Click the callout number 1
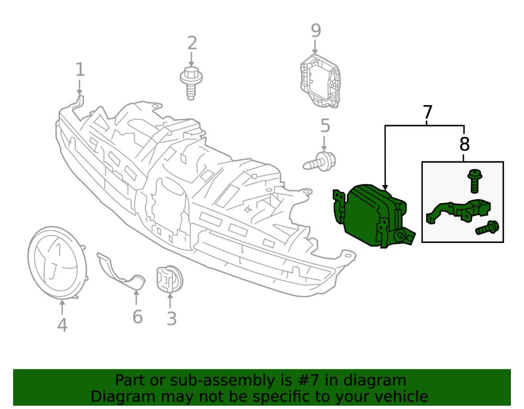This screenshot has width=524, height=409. (80, 70)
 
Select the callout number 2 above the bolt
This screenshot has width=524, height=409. (192, 43)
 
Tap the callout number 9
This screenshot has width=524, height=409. (316, 30)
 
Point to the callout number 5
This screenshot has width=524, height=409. (325, 126)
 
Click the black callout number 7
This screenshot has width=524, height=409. (428, 112)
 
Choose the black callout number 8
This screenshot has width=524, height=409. (464, 144)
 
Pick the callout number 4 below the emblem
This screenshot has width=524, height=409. (62, 325)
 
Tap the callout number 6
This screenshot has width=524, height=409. (138, 316)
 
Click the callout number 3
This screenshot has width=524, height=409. (171, 318)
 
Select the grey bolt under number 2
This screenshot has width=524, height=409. (191, 83)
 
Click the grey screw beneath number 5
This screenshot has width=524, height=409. (320, 162)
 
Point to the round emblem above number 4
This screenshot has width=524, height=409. (58, 262)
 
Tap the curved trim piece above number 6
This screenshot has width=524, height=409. (121, 271)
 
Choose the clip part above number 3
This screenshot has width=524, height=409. (170, 279)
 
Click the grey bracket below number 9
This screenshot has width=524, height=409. (320, 81)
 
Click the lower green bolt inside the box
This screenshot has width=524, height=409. (487, 228)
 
